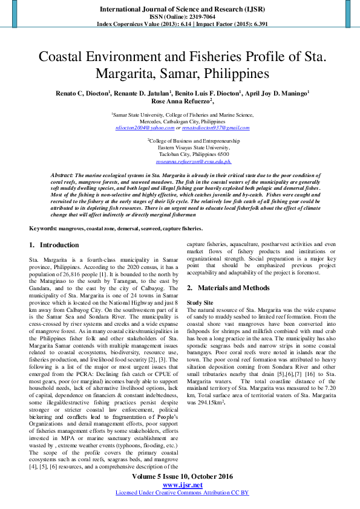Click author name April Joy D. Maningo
pos(277,93)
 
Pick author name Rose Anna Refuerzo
pos(180,102)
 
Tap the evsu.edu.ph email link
pos(194,162)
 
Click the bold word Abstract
pos(62,174)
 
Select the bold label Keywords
pos(44,229)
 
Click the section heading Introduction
pos(59,245)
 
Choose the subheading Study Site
pos(200,302)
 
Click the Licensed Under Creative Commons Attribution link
pos(182,493)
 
